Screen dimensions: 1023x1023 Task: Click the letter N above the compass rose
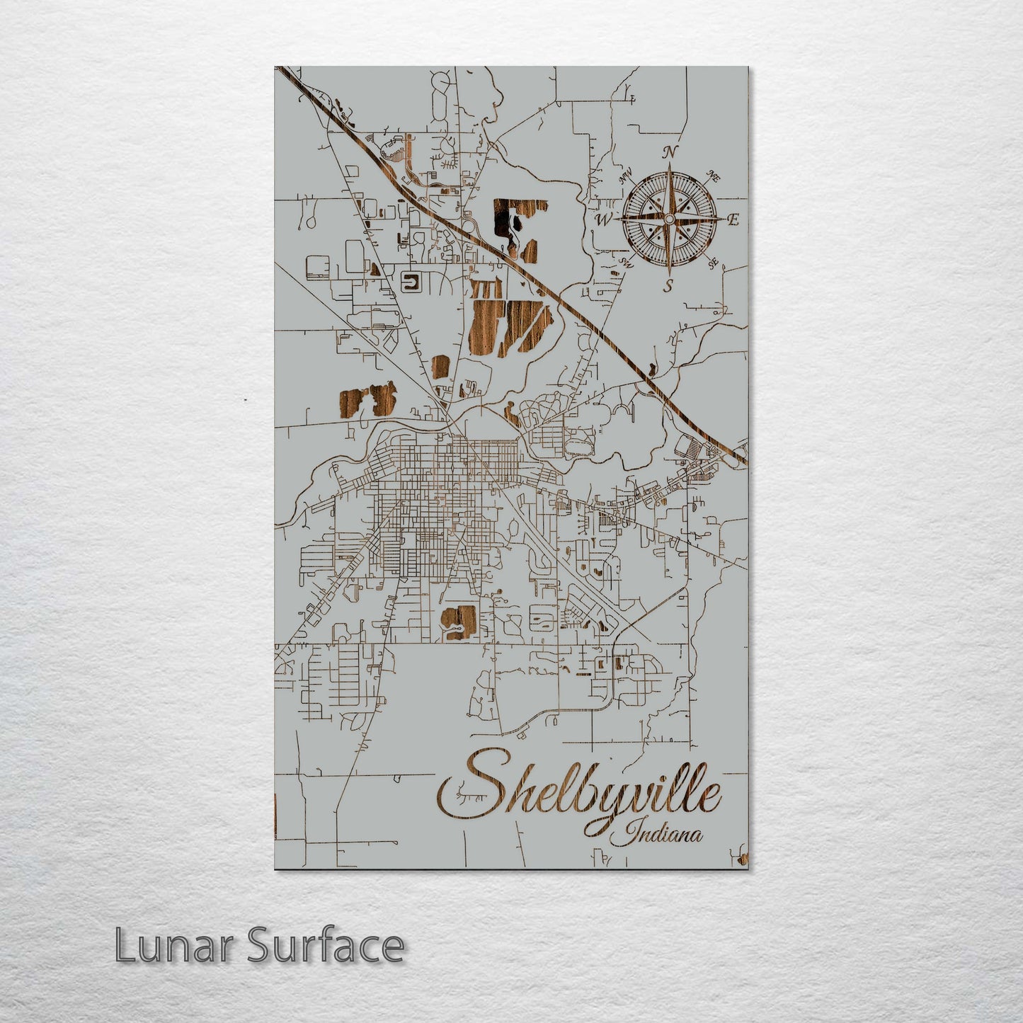point(669,152)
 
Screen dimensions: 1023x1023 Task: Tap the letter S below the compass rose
point(668,287)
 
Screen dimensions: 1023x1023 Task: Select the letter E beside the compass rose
point(733,220)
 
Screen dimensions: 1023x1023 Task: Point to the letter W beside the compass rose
point(603,220)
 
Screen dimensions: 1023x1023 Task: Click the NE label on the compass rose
point(714,177)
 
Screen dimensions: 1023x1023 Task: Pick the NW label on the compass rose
point(625,178)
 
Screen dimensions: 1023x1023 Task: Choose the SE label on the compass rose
point(713,263)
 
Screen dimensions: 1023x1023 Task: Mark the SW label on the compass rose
point(625,263)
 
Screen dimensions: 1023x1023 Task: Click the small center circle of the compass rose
point(668,220)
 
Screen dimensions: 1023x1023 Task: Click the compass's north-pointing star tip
point(669,165)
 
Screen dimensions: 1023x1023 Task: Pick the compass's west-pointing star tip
point(614,220)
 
